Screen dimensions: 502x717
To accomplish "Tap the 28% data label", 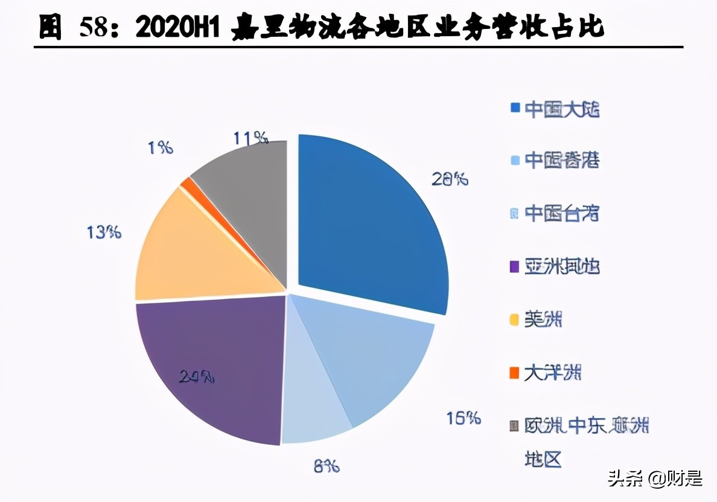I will tap(450, 179).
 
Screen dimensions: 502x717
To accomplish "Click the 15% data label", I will tap(464, 418).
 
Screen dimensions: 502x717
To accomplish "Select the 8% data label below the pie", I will tap(326, 466).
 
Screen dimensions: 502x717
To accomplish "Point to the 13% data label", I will tap(104, 232).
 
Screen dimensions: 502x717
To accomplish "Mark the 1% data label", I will tap(161, 147).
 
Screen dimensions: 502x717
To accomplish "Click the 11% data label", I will tap(250, 138).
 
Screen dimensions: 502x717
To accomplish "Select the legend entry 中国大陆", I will tap(561, 109).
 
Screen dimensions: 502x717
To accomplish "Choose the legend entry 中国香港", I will tap(561, 160).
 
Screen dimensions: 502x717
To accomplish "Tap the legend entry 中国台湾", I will tap(561, 213).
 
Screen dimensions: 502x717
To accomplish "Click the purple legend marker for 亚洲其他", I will tap(515, 266).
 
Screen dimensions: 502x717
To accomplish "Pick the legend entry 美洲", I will tap(543, 320).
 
